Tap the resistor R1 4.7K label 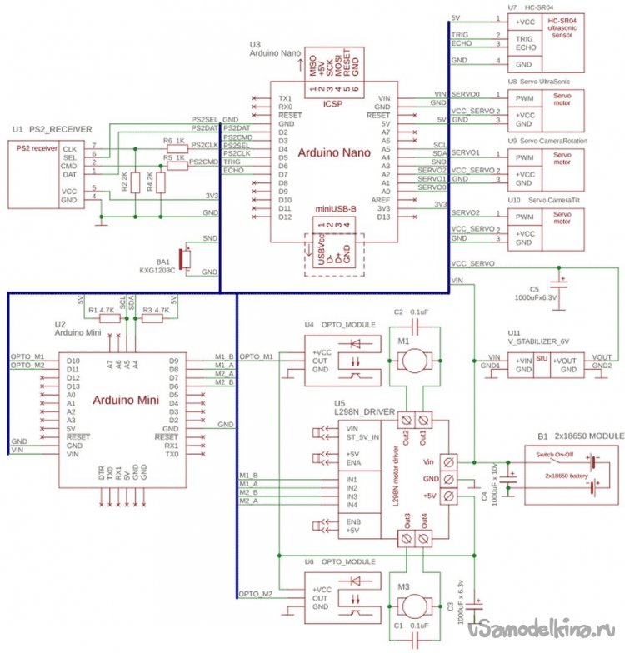coord(101,310)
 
